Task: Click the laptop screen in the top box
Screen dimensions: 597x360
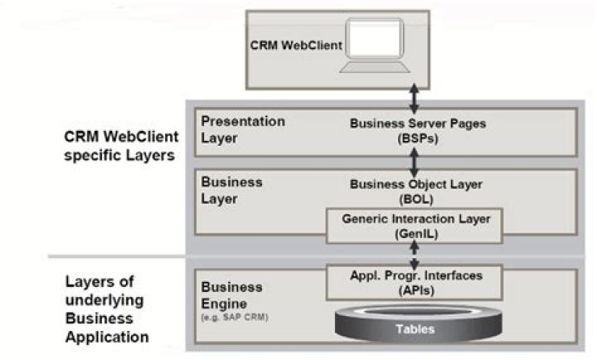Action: point(375,38)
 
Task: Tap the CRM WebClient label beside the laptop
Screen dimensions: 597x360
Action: point(296,46)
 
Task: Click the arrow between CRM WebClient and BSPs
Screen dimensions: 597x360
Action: point(415,99)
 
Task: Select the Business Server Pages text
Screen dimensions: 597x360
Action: point(418,124)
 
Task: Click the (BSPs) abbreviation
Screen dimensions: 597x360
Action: point(418,139)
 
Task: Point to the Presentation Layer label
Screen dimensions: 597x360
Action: point(243,129)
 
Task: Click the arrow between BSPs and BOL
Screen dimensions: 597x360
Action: point(415,163)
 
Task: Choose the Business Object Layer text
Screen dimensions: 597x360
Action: point(416,184)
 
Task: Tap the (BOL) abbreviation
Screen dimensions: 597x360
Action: point(416,199)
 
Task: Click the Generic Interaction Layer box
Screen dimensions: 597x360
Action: point(415,226)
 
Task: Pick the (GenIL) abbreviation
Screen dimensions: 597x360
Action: point(416,234)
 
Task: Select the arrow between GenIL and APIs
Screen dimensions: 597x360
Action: point(415,255)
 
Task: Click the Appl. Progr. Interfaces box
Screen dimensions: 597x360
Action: point(415,282)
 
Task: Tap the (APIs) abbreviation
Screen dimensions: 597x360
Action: point(416,290)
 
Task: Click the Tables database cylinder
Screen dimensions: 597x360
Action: point(418,323)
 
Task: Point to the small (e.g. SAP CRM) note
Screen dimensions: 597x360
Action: point(235,317)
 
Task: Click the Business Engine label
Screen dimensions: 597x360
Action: point(231,295)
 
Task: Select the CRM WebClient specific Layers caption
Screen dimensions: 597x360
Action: point(121,146)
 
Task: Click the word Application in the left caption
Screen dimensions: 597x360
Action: point(107,337)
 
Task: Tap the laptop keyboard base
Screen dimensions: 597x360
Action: point(375,67)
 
